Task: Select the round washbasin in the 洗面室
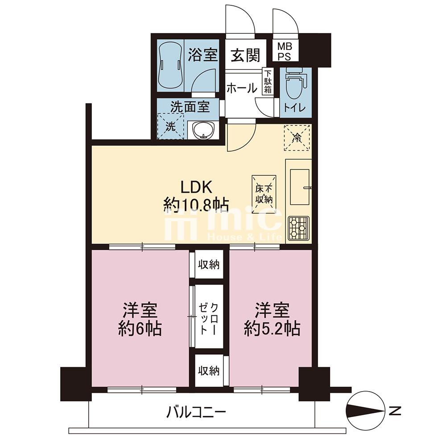pos(204,131)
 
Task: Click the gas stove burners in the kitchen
pos(298,228)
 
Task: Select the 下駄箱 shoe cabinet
pos(268,81)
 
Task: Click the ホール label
pos(241,88)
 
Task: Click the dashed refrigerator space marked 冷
pos(297,137)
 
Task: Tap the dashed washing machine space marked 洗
pos(171,126)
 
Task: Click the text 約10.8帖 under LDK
pos(196,205)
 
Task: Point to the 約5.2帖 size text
pos(272,329)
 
